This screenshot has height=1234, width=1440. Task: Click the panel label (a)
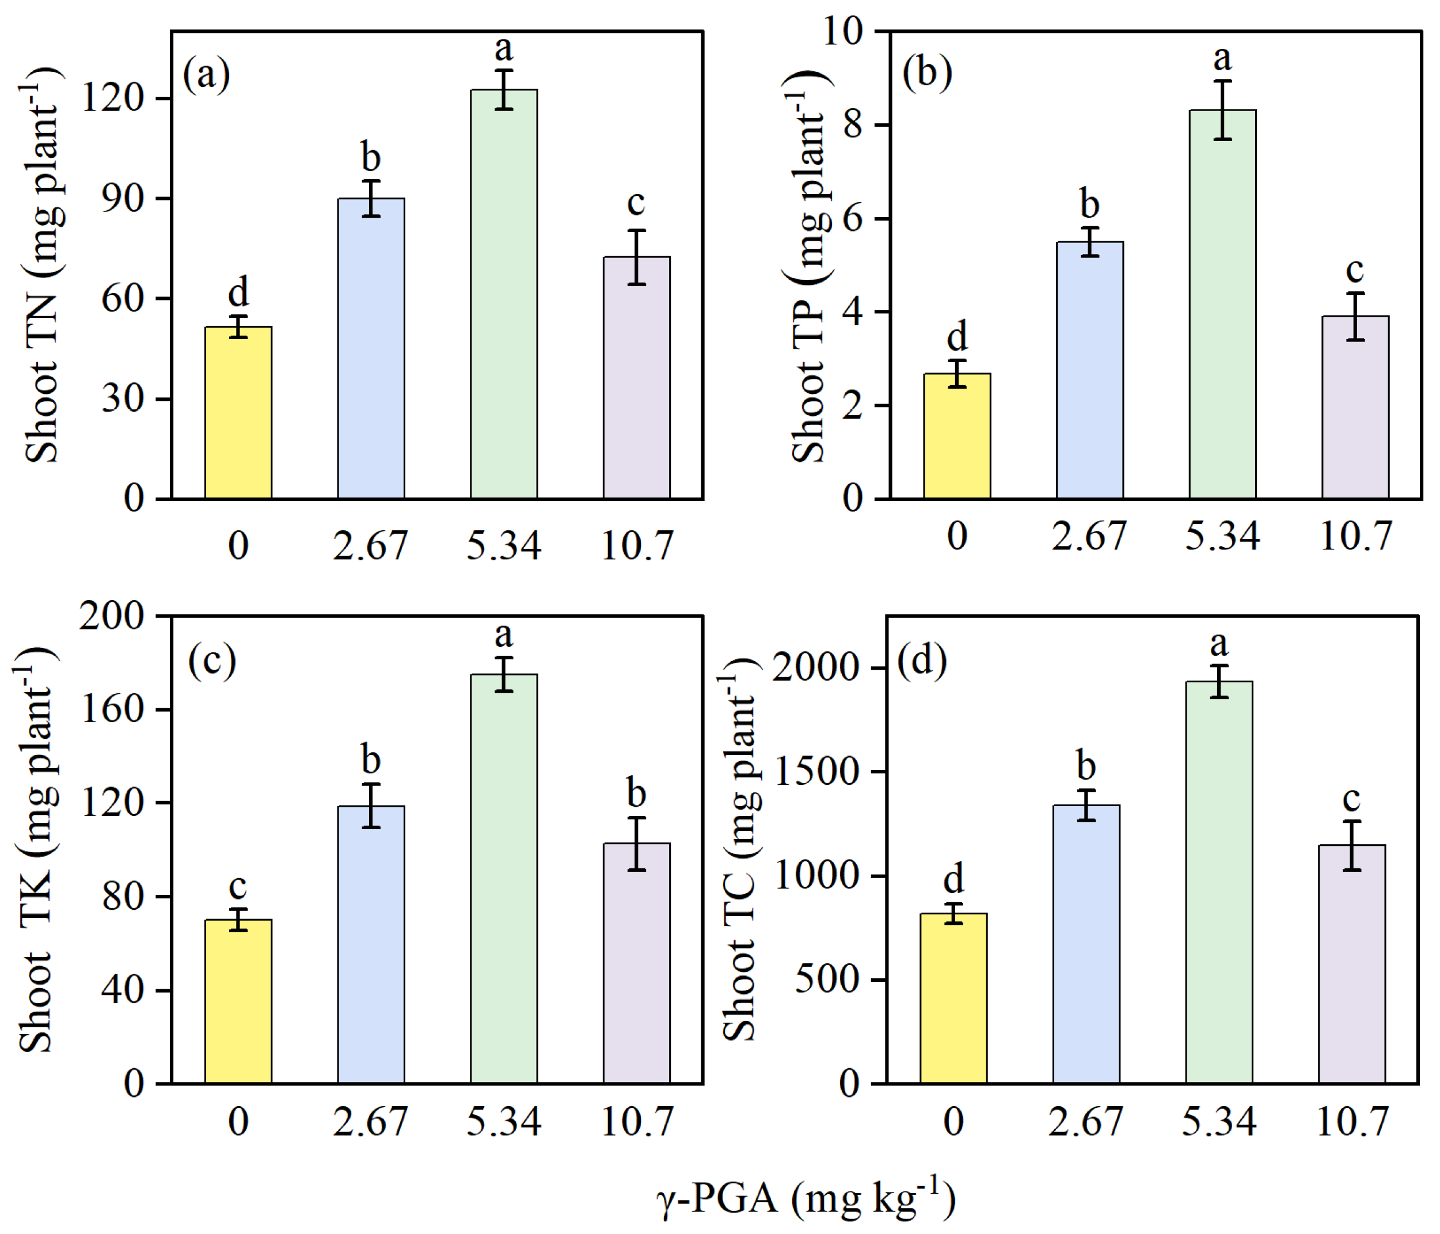(x=206, y=74)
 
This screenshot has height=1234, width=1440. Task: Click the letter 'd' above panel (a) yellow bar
(x=238, y=292)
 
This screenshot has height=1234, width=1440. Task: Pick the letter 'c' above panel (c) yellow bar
(x=238, y=886)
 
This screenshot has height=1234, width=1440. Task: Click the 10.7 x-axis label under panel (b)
(x=1355, y=536)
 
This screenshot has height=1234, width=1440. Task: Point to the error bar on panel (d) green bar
(x=1219, y=681)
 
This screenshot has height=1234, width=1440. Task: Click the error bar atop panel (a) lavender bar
(x=637, y=257)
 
